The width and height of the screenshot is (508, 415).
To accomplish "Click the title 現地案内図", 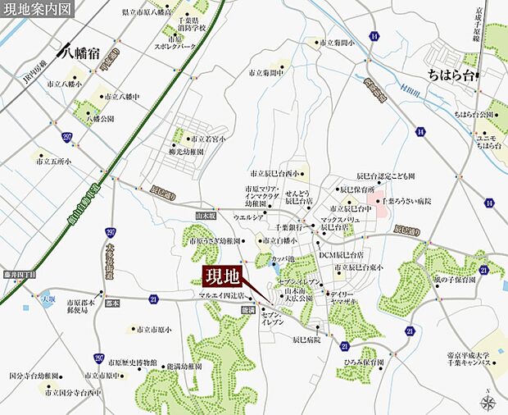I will pyautogui.click(x=37, y=9).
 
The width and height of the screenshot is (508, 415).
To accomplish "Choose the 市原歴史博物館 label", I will pyautogui.click(x=134, y=362).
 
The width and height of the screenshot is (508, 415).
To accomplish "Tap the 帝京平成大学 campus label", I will pyautogui.click(x=469, y=358).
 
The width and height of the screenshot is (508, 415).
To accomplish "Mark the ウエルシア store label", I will pyautogui.click(x=247, y=218).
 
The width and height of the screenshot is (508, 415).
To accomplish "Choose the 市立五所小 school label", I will pyautogui.click(x=53, y=162).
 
